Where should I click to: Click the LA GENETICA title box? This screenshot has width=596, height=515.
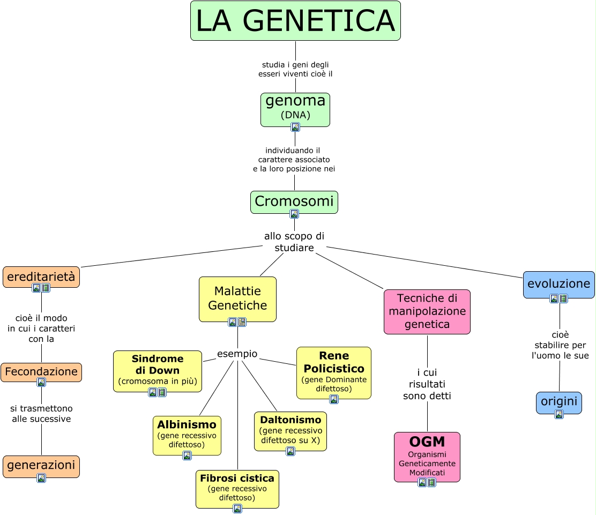[x=295, y=21]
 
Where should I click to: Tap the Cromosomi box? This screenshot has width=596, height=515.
[x=294, y=201]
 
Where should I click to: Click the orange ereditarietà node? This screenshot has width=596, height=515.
[x=41, y=277]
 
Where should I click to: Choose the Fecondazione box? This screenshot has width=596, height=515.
[x=41, y=371]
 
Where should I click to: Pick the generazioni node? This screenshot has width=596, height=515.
[x=41, y=465]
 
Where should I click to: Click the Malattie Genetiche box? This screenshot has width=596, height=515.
[x=237, y=298]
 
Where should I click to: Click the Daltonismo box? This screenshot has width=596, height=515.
[x=290, y=430]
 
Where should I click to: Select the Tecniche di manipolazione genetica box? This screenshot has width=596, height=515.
[x=427, y=311]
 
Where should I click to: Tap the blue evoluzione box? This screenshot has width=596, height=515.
[x=559, y=283]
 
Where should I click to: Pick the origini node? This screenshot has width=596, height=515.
[x=559, y=401]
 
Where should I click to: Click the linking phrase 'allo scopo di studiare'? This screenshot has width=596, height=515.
[x=294, y=242]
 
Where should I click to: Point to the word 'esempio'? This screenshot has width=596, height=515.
[x=237, y=354]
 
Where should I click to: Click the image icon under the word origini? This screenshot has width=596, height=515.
[x=559, y=414]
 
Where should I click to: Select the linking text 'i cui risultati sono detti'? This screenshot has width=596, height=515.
[x=427, y=384]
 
